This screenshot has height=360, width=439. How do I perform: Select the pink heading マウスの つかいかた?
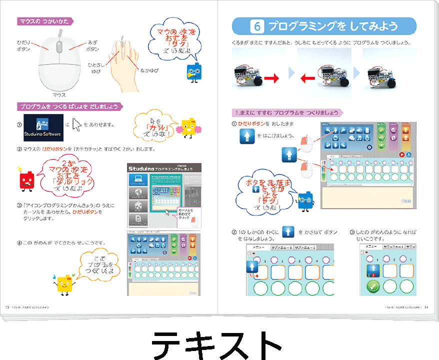(45, 21)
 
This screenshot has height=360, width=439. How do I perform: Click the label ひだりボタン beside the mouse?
(23, 46)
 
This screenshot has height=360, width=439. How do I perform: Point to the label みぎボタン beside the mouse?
(92, 46)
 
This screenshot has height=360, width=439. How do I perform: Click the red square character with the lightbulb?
(25, 178)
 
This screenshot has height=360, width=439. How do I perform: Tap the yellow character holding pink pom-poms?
(189, 128)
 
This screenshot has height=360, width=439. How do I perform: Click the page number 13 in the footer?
(7, 306)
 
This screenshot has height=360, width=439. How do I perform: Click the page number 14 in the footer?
(426, 306)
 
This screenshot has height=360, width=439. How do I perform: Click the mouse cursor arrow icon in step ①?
(76, 124)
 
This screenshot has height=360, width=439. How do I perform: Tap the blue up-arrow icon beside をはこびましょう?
(247, 135)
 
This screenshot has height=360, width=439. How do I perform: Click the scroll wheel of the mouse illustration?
(59, 46)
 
